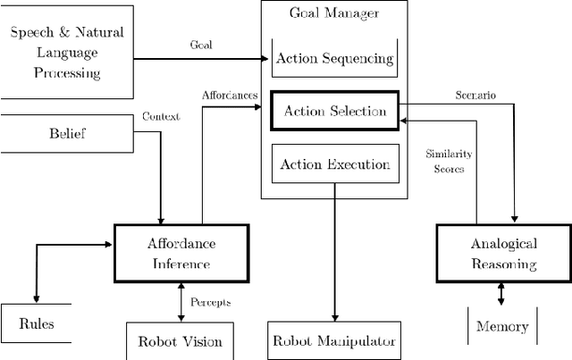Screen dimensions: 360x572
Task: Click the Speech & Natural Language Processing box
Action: pos(66,52)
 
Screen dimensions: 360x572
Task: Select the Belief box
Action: pos(66,134)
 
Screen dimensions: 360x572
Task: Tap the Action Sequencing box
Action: pos(334,59)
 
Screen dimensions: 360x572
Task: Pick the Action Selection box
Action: pos(334,112)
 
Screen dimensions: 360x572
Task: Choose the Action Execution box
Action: pos(334,163)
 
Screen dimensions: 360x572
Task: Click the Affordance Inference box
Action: pos(181,252)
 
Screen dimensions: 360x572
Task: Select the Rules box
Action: pos(37,323)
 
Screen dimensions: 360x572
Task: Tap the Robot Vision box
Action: pos(180,341)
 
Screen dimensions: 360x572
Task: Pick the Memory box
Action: pos(502,326)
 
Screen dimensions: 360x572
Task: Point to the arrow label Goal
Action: pos(201,45)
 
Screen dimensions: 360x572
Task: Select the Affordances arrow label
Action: pos(229,95)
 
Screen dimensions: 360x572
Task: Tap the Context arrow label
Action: pos(161,117)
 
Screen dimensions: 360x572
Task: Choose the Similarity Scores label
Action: pos(444,161)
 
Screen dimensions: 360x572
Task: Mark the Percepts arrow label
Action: pos(211,302)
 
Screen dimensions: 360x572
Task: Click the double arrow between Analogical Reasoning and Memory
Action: pos(500,293)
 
